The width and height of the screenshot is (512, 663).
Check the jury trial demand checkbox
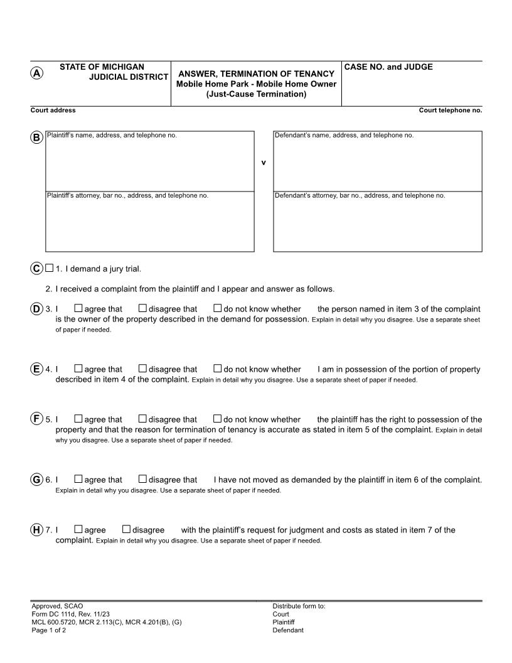[49, 269]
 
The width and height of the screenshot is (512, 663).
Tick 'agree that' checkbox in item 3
[78, 308]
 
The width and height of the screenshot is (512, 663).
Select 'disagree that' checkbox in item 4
[142, 369]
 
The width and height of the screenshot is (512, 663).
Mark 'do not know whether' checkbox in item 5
[218, 419]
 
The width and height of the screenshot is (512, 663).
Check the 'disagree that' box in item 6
[142, 480]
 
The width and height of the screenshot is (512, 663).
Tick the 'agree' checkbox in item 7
[78, 529]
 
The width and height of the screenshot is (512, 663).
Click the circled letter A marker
[37, 73]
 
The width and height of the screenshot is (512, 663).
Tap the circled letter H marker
[37, 530]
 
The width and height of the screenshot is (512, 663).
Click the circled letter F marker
[37, 419]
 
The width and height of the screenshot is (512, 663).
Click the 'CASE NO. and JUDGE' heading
[388, 67]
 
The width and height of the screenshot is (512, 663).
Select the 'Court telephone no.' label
[450, 110]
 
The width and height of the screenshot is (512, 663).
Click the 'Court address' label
[53, 110]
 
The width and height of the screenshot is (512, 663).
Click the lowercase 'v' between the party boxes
[264, 163]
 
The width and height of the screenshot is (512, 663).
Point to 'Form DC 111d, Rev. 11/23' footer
[70, 614]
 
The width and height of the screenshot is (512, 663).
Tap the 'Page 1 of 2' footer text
[49, 630]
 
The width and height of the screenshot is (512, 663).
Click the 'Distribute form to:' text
[299, 606]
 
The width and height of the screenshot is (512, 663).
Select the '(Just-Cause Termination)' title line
[256, 94]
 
